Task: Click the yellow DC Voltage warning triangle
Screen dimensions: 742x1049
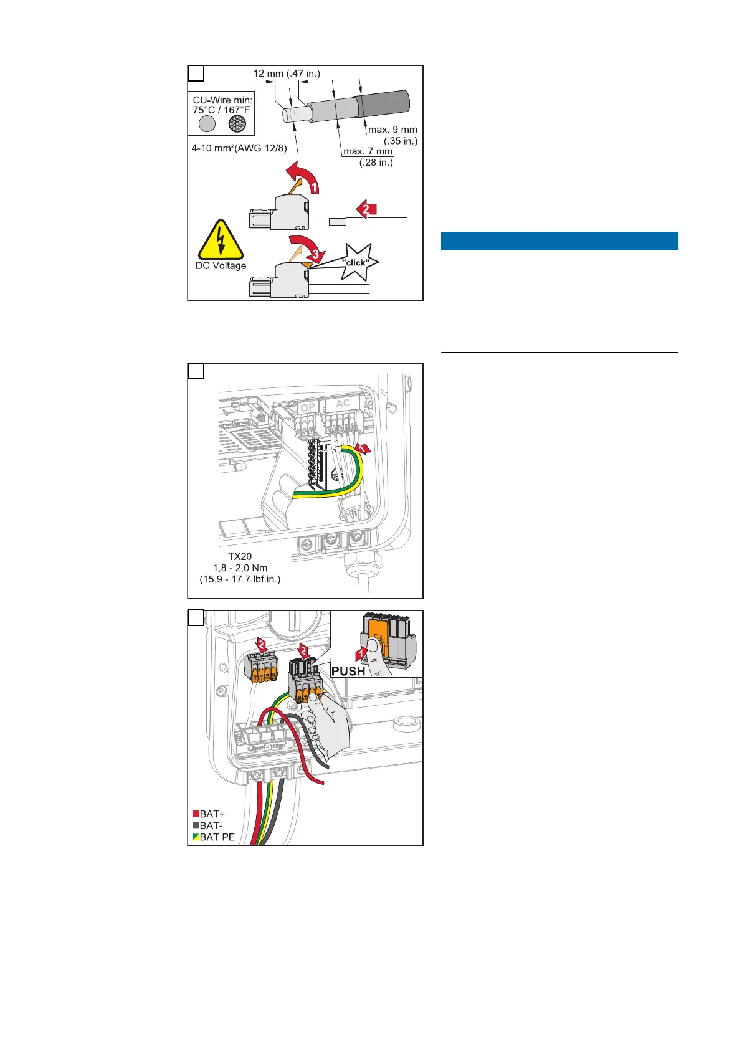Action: point(221,241)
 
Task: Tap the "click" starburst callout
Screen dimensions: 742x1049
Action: point(355,262)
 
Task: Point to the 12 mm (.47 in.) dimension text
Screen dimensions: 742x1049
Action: point(287,74)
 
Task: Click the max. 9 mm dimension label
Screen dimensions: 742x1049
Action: point(392,130)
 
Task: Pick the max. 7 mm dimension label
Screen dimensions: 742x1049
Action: point(368,151)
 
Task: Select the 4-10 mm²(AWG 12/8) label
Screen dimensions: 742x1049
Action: point(239,149)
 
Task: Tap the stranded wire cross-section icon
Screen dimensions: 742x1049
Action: point(237,123)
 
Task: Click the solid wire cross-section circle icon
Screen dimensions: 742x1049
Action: point(207,123)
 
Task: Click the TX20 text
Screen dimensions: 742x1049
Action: point(240,556)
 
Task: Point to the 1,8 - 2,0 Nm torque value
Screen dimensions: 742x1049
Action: point(240,567)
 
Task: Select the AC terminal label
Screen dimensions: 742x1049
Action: point(343,403)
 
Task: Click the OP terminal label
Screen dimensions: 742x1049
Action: point(308,407)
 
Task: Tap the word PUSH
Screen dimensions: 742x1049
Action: point(348,671)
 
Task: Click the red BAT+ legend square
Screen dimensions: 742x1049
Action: point(196,814)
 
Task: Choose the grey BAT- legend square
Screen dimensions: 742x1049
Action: point(196,825)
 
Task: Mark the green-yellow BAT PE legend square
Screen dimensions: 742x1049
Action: point(196,837)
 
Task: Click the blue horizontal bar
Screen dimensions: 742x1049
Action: point(559,241)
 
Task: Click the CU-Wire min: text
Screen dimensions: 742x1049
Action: point(222,100)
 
